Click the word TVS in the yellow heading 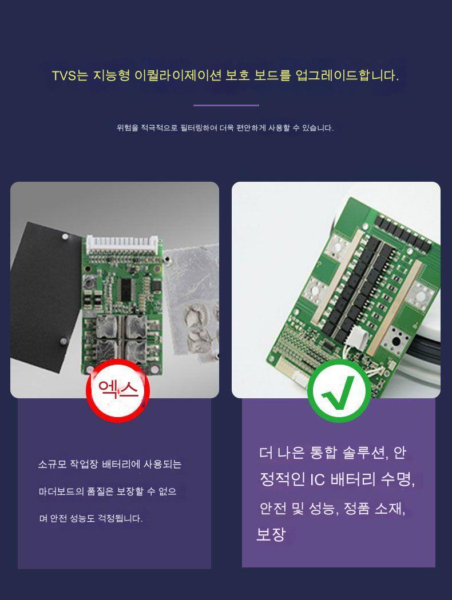coord(64,75)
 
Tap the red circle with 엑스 coord(118,390)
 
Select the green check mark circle coord(339,391)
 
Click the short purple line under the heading coord(226,105)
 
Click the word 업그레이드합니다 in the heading coord(347,75)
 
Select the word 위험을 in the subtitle coord(127,128)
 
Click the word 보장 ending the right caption coord(271,534)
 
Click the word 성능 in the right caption coord(322,509)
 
